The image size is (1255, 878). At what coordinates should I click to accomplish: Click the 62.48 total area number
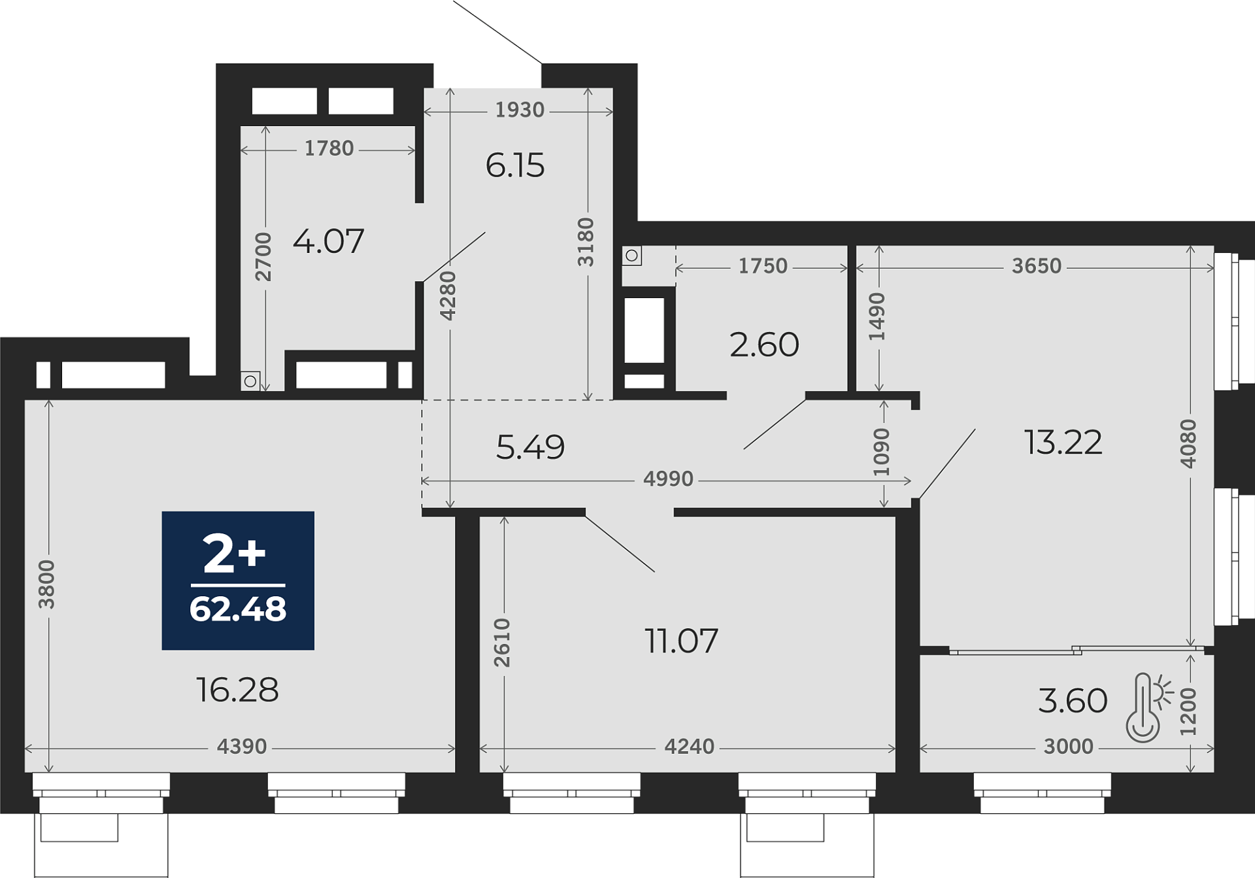tap(238, 609)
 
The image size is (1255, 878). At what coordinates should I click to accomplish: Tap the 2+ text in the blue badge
tap(235, 554)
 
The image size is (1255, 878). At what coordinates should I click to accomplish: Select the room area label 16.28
tap(237, 690)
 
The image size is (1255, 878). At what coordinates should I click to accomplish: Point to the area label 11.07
tap(681, 641)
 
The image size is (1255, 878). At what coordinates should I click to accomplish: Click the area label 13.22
tap(1063, 443)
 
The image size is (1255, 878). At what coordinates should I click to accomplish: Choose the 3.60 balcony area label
tap(1073, 701)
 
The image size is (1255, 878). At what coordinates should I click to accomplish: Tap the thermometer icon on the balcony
tap(1148, 707)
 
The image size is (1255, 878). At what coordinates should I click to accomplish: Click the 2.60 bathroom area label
tap(764, 345)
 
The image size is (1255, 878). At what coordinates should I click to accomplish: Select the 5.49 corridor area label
tap(530, 447)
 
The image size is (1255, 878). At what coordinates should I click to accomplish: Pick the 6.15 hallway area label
tap(515, 165)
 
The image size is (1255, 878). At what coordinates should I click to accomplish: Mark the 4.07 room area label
tap(328, 241)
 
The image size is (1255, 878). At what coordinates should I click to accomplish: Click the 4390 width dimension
tap(242, 747)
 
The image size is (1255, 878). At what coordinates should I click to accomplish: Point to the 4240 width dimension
tap(690, 747)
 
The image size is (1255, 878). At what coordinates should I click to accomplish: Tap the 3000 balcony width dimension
tap(1068, 747)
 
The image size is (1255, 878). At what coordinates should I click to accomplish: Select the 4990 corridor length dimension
tap(668, 479)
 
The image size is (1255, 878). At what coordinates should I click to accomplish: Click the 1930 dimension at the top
tap(520, 110)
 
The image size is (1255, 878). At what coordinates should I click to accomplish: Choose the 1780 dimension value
tap(329, 148)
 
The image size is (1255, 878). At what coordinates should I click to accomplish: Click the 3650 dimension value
tap(1037, 266)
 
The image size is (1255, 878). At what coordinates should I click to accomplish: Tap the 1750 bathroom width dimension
tap(763, 266)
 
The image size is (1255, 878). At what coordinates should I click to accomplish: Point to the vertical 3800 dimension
tap(46, 584)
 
